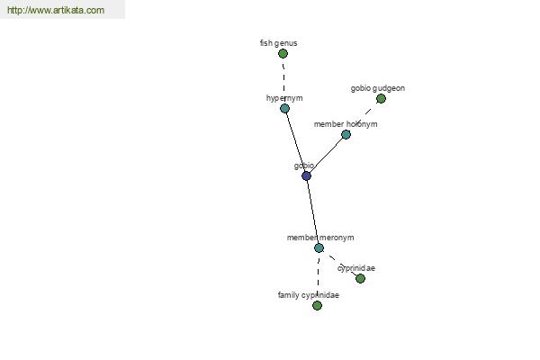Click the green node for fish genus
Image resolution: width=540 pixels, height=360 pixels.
point(283,53)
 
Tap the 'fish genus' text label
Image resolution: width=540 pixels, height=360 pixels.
point(279,43)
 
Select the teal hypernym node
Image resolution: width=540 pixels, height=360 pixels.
point(284,109)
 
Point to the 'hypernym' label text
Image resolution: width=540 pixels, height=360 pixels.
point(284,98)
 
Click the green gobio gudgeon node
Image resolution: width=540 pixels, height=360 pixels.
point(381,98)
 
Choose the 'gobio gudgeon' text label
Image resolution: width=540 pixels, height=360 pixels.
point(378,88)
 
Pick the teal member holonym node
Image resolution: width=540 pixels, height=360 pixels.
point(346,134)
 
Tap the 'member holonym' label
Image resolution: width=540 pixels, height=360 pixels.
point(346,124)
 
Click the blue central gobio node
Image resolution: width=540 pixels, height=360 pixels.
point(306,176)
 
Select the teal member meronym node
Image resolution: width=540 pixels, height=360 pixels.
point(319,247)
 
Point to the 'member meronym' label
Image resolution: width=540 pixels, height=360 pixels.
point(320,238)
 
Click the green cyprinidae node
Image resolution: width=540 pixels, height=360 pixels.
point(360,278)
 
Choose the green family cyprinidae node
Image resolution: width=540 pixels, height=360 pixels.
point(317,305)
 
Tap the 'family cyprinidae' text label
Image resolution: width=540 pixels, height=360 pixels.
point(309,295)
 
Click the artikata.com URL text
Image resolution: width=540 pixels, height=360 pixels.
point(56,10)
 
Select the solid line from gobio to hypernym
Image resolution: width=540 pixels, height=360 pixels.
point(295,142)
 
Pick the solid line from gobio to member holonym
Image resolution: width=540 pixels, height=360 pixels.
point(326,155)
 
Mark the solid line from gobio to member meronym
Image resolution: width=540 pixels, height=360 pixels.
point(312,211)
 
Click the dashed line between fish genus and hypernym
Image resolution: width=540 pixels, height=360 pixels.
point(283,81)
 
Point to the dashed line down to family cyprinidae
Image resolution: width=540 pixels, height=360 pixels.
point(318,276)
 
